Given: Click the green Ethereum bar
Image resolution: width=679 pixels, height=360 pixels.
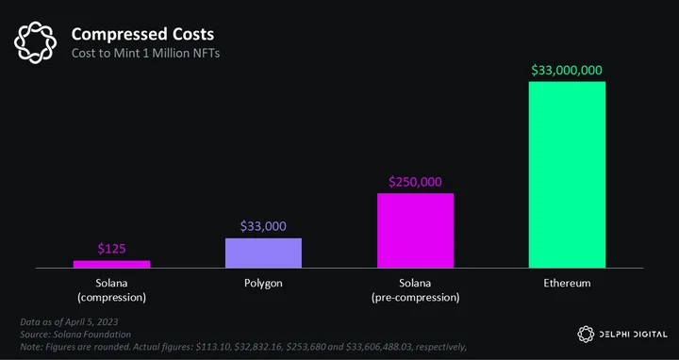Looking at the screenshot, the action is click(x=567, y=174).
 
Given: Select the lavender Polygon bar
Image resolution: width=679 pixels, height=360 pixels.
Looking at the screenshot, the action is click(x=263, y=254).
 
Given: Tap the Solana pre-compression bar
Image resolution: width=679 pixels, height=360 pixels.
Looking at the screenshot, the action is click(x=415, y=231).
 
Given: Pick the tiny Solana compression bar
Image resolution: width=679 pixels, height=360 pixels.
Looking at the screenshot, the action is click(x=111, y=265).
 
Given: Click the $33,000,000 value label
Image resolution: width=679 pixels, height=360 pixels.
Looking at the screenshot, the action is click(x=567, y=71).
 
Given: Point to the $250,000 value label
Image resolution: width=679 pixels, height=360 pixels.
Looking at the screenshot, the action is click(x=415, y=182).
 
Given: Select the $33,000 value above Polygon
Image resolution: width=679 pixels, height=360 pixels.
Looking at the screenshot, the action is click(x=263, y=226).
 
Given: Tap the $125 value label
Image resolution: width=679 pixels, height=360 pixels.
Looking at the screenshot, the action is click(x=111, y=249).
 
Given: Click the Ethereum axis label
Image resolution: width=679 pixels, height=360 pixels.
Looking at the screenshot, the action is click(x=568, y=284).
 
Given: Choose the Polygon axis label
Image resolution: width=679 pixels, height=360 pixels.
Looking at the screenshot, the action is click(x=263, y=284).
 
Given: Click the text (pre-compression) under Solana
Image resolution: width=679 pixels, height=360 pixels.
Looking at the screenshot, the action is click(x=416, y=298).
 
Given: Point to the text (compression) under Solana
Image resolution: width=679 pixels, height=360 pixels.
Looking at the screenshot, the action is click(x=111, y=298).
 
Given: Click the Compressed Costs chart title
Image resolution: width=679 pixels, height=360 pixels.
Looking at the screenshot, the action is click(x=142, y=35).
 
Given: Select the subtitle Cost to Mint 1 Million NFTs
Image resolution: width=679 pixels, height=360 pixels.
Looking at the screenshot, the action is click(x=145, y=53).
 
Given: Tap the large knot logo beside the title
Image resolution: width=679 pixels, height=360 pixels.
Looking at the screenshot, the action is click(x=35, y=42).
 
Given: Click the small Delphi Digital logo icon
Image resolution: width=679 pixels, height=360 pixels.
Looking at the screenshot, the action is click(x=586, y=334).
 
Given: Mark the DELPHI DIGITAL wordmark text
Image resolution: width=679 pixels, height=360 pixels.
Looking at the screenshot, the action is click(x=634, y=335).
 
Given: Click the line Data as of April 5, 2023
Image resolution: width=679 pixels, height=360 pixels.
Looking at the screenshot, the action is click(x=69, y=322).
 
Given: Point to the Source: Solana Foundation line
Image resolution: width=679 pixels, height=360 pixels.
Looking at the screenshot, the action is click(x=75, y=335).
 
